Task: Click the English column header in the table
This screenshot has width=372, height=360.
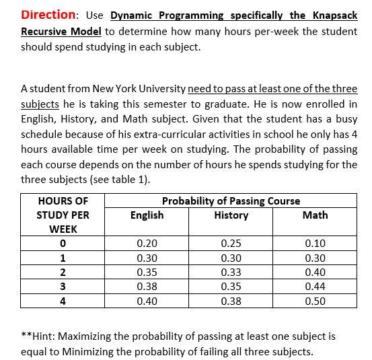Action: tap(147, 215)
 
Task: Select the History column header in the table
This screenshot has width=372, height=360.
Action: tap(231, 215)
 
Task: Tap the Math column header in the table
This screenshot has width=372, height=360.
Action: tap(315, 215)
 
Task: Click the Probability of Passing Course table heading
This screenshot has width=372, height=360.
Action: tap(231, 201)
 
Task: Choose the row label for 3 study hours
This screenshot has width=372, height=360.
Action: tap(63, 287)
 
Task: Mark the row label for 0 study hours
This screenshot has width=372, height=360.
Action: tap(63, 244)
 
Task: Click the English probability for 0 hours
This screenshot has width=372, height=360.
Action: tap(147, 244)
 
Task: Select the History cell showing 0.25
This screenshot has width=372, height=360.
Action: tap(231, 244)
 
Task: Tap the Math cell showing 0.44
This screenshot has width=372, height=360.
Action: tap(315, 287)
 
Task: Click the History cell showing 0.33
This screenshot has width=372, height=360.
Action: tap(231, 273)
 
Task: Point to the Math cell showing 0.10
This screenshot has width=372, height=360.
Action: tap(315, 244)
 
